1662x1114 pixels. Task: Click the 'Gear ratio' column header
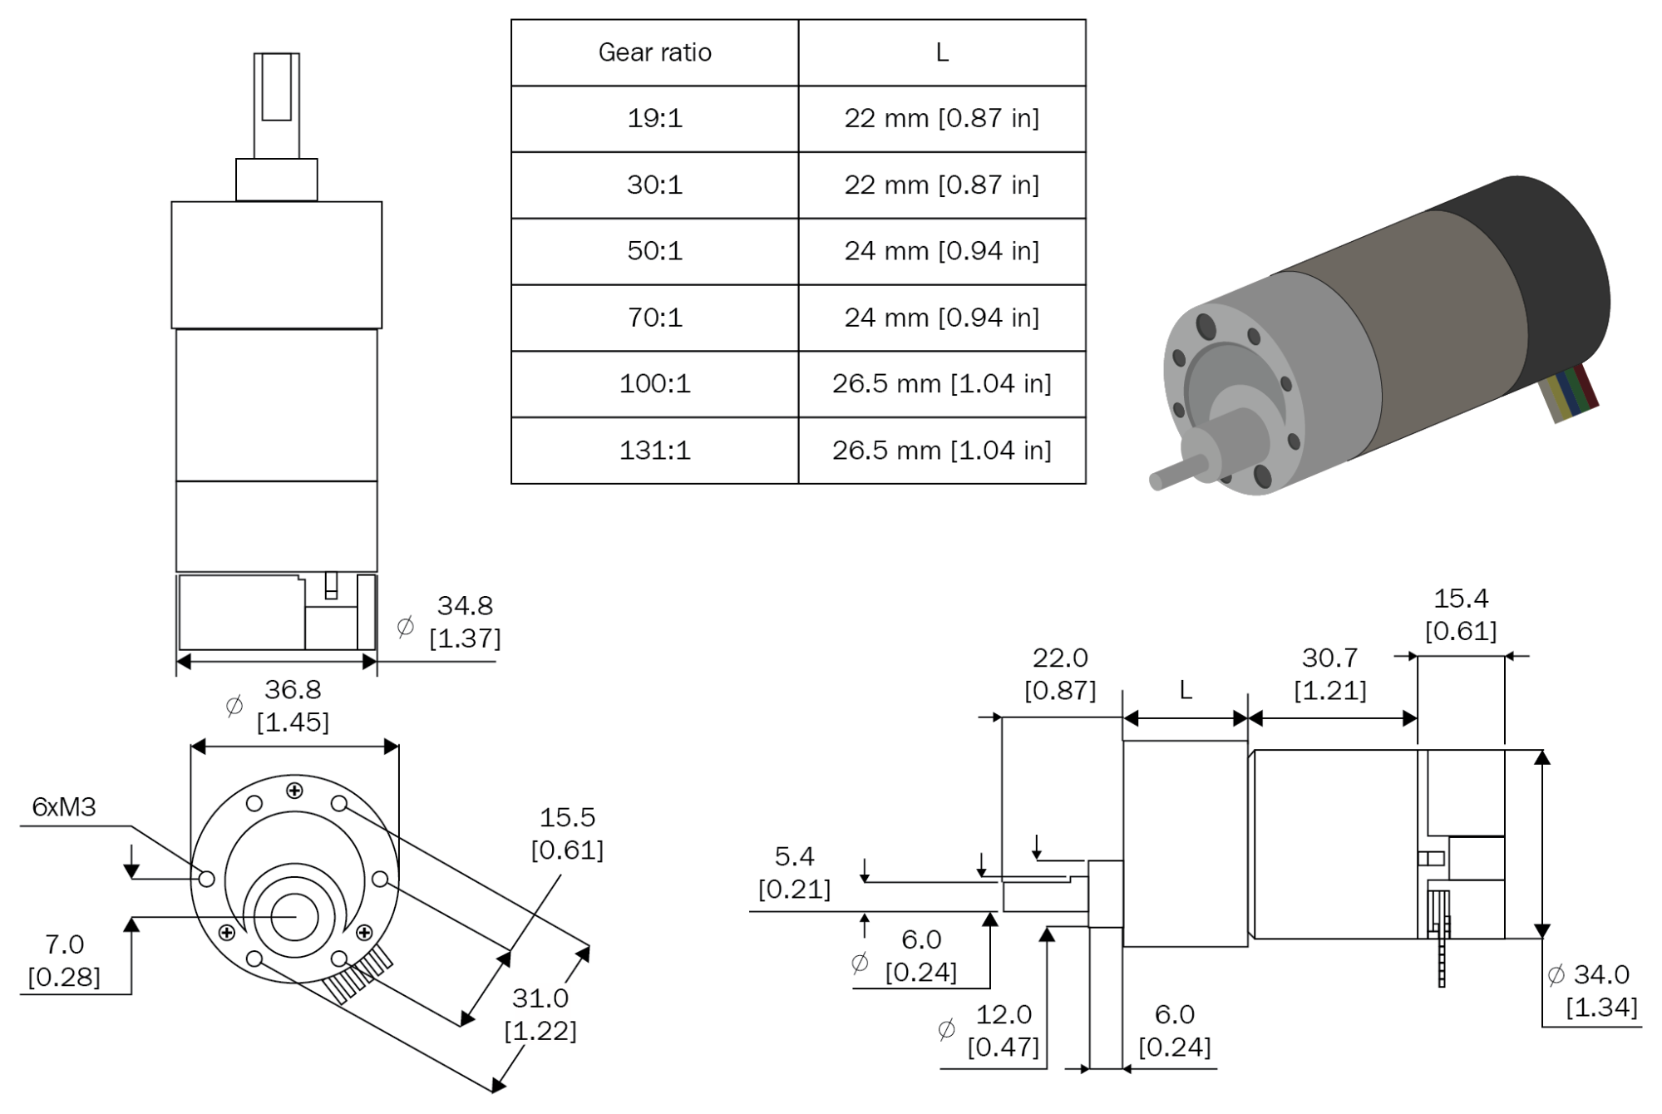tap(654, 52)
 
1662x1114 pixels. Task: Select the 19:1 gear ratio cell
tap(654, 118)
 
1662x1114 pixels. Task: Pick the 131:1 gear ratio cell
tap(654, 450)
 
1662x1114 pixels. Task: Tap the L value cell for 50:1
tap(941, 251)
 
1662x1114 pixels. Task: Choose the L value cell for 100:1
tap(941, 383)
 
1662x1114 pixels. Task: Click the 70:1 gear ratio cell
tap(654, 318)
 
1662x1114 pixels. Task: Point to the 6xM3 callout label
tap(64, 806)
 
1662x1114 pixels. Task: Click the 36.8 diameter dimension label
tap(292, 705)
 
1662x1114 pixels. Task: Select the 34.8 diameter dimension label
tap(464, 621)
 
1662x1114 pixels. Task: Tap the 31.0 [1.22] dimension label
tap(540, 1013)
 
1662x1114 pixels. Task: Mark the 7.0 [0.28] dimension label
tap(64, 960)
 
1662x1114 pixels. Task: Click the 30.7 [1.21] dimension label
tap(1329, 673)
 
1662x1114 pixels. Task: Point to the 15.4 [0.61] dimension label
tap(1461, 614)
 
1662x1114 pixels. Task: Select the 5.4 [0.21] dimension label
tap(794, 872)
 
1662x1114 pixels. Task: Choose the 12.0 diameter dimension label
tap(1003, 1030)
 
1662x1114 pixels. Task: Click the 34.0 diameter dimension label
tap(1600, 990)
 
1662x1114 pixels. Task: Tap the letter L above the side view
tap(1186, 690)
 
